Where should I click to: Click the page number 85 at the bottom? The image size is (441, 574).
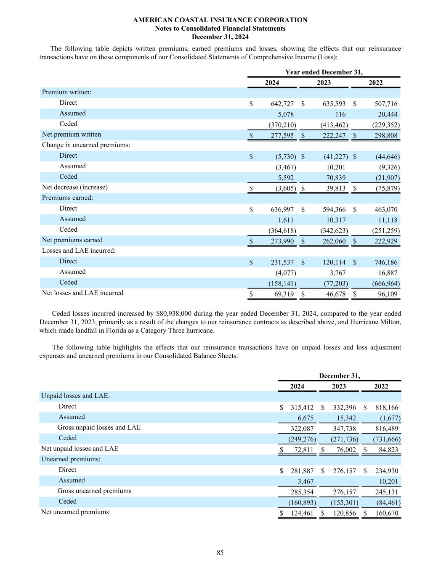tap(220, 553)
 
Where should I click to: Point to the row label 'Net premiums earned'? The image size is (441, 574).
tap(72, 240)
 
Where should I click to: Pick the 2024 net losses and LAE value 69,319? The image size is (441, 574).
tap(284, 294)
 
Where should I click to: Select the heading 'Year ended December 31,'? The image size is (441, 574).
tap(324, 72)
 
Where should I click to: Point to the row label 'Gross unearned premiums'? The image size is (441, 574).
tap(94, 491)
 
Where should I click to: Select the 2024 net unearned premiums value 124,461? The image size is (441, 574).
tap(302, 513)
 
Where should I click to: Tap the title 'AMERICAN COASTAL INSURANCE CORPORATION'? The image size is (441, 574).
tap(220, 20)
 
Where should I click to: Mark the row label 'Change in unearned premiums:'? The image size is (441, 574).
tap(86, 145)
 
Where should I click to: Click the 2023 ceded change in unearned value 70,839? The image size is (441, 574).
tap(336, 178)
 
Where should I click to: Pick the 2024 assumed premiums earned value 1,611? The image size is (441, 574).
tap(286, 220)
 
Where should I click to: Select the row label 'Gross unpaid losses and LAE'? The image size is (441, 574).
tap(99, 427)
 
